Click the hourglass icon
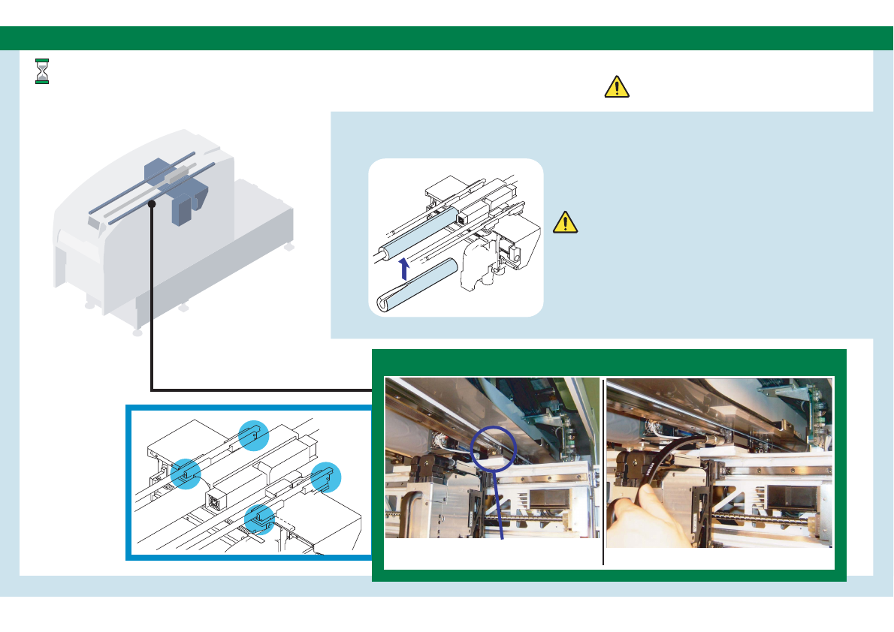(x=42, y=71)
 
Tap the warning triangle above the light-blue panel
(x=617, y=87)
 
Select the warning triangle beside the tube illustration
(x=565, y=222)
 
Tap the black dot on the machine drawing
(x=151, y=203)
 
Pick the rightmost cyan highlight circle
(x=325, y=477)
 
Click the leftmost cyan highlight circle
(x=185, y=473)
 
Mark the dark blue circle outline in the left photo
(x=493, y=448)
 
